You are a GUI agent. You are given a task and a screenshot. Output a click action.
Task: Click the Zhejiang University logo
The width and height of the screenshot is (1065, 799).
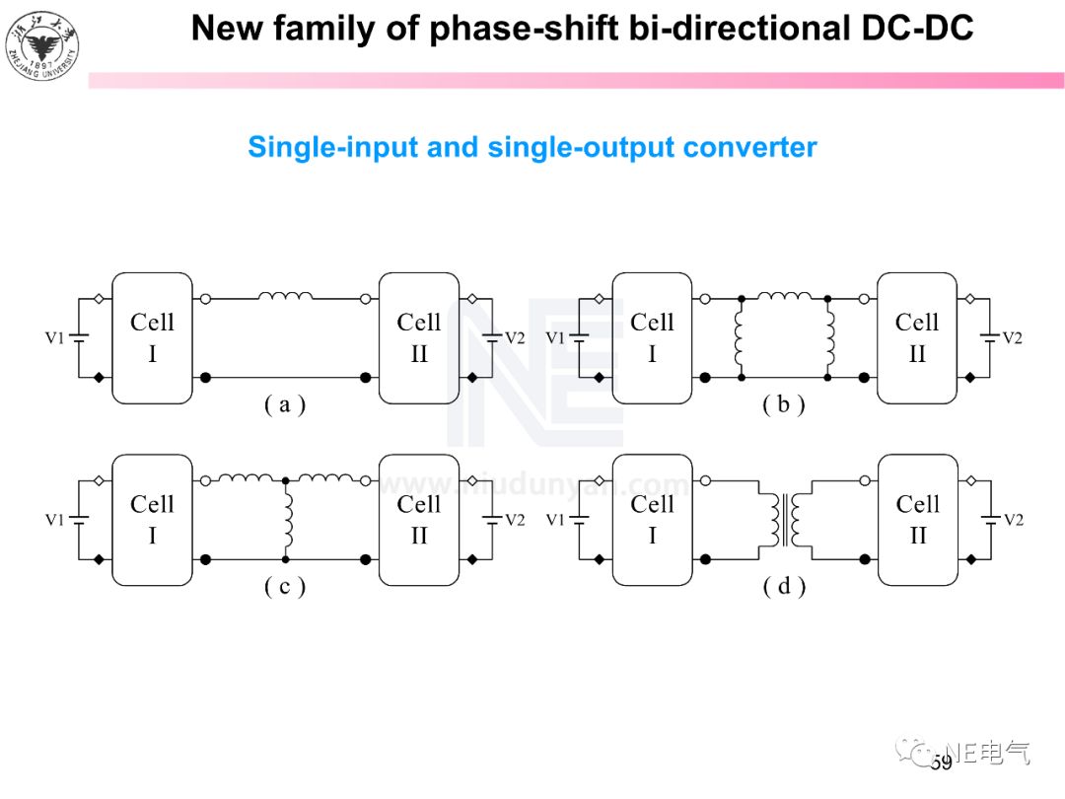click(41, 42)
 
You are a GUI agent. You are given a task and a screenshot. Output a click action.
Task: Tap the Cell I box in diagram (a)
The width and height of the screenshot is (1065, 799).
click(152, 337)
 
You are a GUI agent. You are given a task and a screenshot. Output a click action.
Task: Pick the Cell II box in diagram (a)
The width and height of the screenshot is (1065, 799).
click(419, 337)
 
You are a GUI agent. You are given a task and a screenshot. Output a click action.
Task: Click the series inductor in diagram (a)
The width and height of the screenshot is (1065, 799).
click(285, 295)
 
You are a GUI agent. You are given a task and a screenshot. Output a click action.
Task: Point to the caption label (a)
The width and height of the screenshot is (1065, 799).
click(284, 404)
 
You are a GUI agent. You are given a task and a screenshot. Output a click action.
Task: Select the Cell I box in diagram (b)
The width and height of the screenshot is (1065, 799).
click(651, 337)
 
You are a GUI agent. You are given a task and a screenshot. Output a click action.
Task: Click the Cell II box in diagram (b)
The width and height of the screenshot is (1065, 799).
click(917, 337)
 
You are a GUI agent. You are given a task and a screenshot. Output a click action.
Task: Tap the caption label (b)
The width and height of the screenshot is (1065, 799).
click(784, 404)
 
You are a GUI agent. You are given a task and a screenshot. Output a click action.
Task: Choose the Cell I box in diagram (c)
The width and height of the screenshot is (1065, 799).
click(152, 520)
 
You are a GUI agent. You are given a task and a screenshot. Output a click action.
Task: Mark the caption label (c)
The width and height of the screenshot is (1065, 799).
click(284, 587)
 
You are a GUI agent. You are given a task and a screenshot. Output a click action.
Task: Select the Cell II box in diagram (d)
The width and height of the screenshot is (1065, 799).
click(917, 520)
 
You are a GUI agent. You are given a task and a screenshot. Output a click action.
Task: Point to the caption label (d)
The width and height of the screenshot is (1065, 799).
click(784, 587)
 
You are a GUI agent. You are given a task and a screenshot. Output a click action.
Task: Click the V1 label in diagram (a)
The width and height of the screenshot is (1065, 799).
click(55, 338)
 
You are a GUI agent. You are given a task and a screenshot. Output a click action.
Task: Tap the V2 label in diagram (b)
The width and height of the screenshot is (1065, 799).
click(1012, 338)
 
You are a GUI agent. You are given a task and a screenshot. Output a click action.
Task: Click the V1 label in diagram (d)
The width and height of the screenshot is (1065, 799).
click(556, 520)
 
